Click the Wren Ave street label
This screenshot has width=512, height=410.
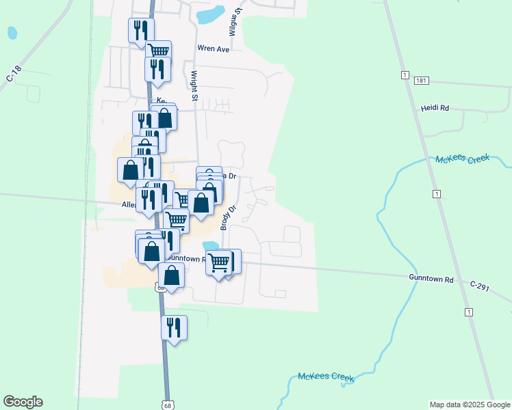[x=213, y=49]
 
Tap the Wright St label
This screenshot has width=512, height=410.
[x=194, y=86]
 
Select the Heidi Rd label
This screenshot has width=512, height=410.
[x=435, y=108]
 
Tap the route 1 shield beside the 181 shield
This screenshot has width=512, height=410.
[x=405, y=74]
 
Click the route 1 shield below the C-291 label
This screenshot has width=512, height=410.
[x=469, y=312]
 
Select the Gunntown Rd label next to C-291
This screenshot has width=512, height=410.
[x=431, y=279]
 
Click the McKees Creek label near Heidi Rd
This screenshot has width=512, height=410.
[x=462, y=159]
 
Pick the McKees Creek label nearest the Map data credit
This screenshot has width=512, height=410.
[x=325, y=377]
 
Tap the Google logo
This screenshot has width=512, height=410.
[x=23, y=402]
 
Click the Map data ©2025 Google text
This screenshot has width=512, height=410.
[x=469, y=405]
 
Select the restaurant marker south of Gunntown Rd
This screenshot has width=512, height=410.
[x=174, y=327]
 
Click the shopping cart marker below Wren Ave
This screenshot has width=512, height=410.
[x=158, y=51]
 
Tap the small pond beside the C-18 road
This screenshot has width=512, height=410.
[x=12, y=32]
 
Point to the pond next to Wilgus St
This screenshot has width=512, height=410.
[x=211, y=13]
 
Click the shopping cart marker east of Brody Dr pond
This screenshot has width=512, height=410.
[x=220, y=262]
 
